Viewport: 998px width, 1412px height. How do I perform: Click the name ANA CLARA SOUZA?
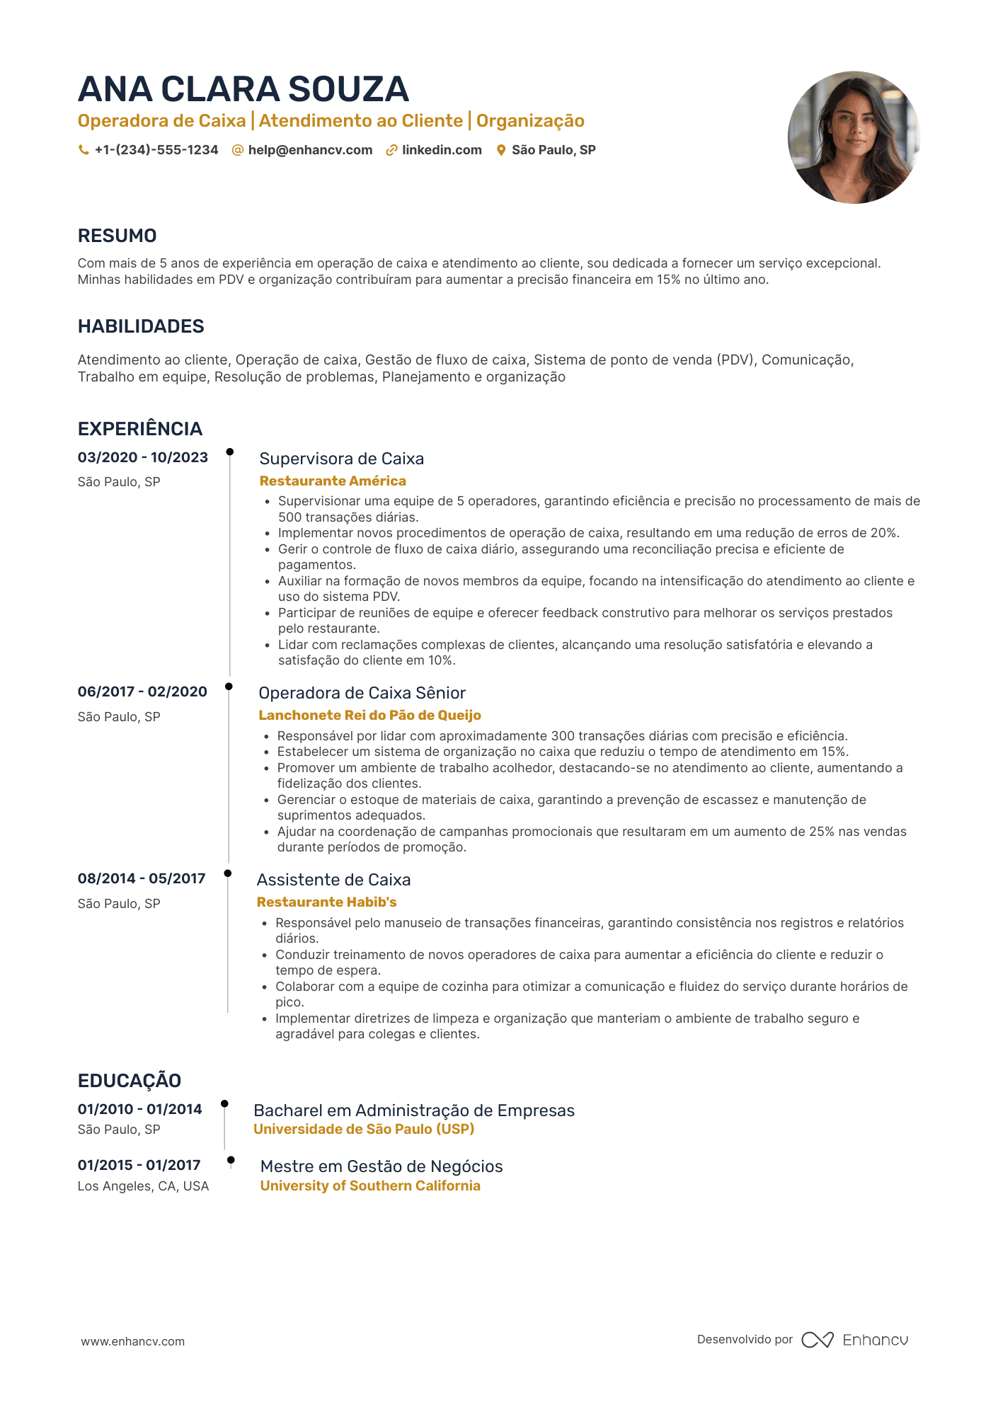tap(243, 90)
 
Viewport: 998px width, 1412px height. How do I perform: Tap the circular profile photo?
tap(854, 137)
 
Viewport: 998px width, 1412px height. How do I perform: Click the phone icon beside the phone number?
tap(84, 150)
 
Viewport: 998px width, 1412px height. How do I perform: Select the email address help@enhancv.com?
tap(310, 150)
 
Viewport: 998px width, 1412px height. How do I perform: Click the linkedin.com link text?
tap(442, 150)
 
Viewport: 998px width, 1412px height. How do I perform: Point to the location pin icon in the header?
tap(501, 150)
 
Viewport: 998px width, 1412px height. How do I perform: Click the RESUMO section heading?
tap(117, 236)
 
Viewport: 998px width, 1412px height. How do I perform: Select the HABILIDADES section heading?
tap(141, 326)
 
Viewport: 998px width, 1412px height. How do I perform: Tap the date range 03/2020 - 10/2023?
tap(143, 457)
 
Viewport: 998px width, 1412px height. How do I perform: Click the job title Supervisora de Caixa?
tap(342, 459)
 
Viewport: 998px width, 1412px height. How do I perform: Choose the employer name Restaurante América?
tap(333, 481)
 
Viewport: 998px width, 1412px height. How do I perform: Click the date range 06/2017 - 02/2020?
tap(142, 691)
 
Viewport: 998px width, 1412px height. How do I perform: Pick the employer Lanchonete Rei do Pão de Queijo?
tap(369, 716)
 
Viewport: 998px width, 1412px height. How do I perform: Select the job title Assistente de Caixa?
tap(333, 880)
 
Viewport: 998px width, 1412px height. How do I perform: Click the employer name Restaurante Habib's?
tap(326, 902)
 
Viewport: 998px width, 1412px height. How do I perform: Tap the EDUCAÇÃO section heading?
tap(130, 1081)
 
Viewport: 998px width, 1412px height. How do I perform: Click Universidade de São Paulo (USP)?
tap(364, 1130)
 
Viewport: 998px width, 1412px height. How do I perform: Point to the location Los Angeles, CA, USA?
tap(143, 1186)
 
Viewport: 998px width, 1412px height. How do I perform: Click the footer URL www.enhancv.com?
tap(132, 1341)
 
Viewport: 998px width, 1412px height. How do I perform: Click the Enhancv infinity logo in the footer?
tap(817, 1340)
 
